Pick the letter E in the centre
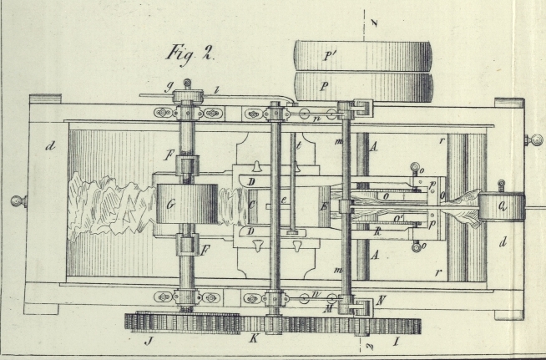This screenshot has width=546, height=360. [323, 205]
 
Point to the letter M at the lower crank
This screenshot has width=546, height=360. [333, 307]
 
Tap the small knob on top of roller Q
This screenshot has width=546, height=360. [501, 183]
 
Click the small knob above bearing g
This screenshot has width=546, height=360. [188, 83]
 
